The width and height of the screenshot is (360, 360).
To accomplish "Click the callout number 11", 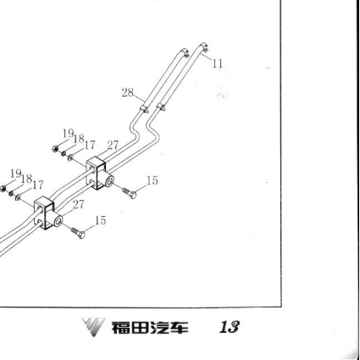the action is tap(218, 64).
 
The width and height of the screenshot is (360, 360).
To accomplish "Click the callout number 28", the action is tap(127, 92).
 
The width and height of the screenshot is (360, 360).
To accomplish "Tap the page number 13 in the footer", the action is tap(230, 327).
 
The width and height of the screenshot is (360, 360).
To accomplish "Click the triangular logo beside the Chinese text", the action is tap(93, 327).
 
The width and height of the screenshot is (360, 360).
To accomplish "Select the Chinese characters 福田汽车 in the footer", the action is tap(150, 328).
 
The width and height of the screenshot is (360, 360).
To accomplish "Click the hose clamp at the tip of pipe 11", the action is tap(205, 47).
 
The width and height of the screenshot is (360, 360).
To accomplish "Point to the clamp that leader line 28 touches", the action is tap(144, 108).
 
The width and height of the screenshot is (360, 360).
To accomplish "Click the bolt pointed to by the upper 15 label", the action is tap(130, 192).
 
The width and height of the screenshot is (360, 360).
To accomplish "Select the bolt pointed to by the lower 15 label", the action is tap(78, 233).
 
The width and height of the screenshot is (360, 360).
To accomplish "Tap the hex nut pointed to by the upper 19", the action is tap(55, 148).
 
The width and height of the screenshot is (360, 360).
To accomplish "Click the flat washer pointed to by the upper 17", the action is tap(70, 158).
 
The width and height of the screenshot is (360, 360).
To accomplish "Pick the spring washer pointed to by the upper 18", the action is tap(64, 153).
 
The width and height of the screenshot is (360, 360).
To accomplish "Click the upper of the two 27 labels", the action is tap(113, 145).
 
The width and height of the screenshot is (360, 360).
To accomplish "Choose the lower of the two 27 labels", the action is tap(78, 205).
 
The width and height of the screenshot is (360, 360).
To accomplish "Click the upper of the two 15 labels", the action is tap(152, 180).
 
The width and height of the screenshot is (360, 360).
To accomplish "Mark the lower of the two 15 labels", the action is tap(101, 220).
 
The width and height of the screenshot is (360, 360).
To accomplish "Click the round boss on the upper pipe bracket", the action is tap(108, 181).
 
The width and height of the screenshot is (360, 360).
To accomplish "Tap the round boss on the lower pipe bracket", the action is tap(57, 221).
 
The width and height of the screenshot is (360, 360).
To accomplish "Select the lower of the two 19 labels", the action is tap(16, 174).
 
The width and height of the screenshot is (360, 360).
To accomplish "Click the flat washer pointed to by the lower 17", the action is tap(18, 197).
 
